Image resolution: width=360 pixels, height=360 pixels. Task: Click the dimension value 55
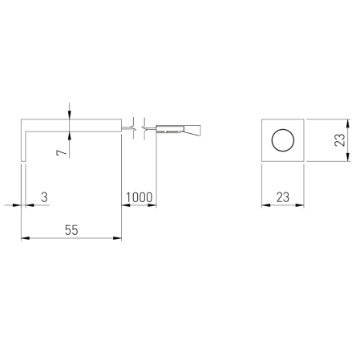pyautogui.click(x=71, y=230)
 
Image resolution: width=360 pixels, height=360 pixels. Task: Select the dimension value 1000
pyautogui.click(x=139, y=197)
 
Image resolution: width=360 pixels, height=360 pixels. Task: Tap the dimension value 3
pyautogui.click(x=44, y=197)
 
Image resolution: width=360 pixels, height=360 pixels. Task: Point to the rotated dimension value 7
pyautogui.click(x=62, y=152)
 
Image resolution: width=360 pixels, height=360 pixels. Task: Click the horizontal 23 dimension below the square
pyautogui.click(x=283, y=197)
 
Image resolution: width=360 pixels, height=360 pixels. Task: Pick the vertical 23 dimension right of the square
pyautogui.click(x=340, y=140)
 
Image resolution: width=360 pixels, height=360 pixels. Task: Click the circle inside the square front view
pyautogui.click(x=283, y=140)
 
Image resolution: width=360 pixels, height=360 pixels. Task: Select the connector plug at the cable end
pyautogui.click(x=178, y=129)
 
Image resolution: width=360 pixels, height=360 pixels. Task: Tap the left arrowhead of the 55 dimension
pyautogui.click(x=26, y=238)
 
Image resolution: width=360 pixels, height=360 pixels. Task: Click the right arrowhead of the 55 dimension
pyautogui.click(x=117, y=238)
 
